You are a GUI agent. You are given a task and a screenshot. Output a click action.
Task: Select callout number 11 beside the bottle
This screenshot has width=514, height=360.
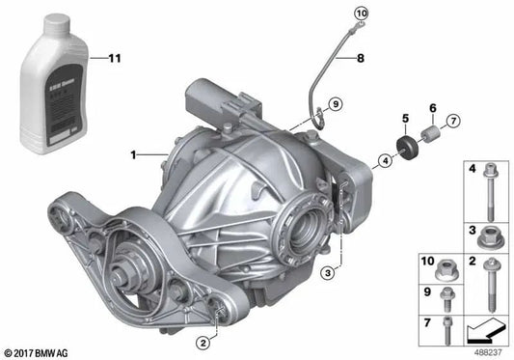coord(115,60)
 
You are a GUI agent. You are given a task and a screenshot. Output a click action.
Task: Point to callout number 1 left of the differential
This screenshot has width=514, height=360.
coord(134,153)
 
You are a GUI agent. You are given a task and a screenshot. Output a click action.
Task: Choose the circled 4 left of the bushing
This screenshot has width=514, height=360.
coord(385,161)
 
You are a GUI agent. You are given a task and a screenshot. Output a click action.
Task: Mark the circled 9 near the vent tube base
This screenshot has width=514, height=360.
coord(336,103)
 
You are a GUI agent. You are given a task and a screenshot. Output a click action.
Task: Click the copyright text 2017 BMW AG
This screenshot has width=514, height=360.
coord(38,351)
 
